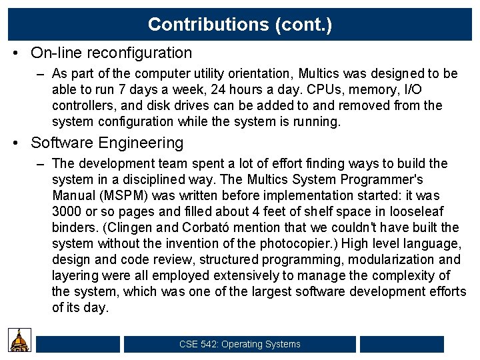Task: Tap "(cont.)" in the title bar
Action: (302, 25)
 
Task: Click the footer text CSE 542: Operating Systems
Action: (240, 345)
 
